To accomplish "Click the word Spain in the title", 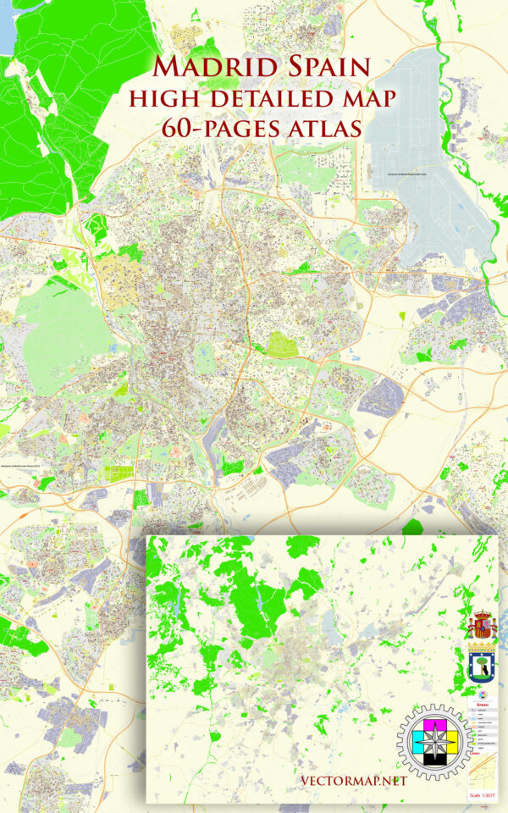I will click(x=320, y=67).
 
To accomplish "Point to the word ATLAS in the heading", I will click(x=323, y=128).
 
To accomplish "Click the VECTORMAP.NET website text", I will click(x=353, y=780).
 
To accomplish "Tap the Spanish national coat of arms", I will click(x=482, y=626).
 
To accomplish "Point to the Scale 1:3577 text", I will click(x=483, y=795).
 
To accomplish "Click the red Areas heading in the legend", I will click(x=483, y=703).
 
